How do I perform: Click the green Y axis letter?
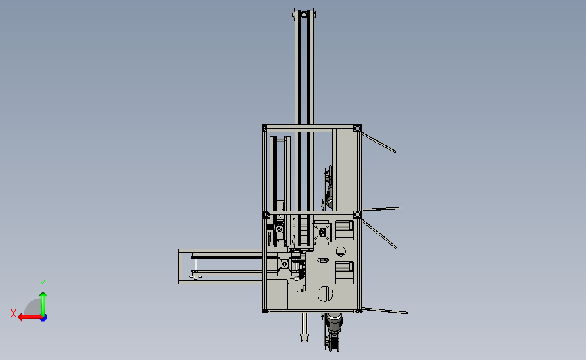tap(42, 284)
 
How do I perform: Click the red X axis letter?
tap(14, 313)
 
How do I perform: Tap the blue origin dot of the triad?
tap(44, 318)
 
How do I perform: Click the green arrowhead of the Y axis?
tap(43, 295)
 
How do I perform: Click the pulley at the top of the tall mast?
tap(304, 15)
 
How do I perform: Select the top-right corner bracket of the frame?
tap(358, 128)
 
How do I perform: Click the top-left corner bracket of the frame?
tap(264, 128)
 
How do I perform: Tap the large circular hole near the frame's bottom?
tap(324, 294)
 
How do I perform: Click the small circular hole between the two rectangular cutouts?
tap(341, 252)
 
